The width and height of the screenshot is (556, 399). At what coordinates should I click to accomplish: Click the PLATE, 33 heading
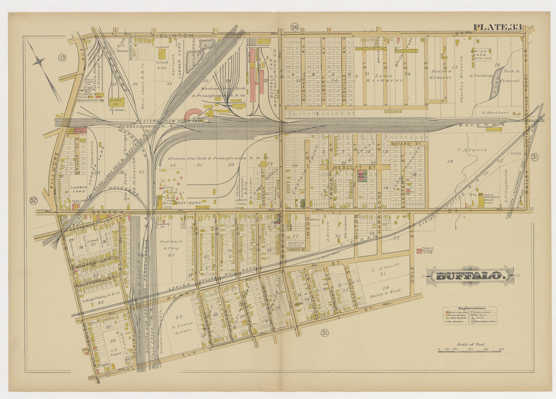[x=497, y=27]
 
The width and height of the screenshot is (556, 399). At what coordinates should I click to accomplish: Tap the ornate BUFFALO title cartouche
[x=470, y=276]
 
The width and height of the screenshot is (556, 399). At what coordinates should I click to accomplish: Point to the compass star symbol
[x=39, y=62]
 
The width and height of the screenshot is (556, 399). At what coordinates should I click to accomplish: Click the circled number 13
[x=63, y=57]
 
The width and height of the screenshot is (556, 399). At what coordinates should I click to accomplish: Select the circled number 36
[x=295, y=27]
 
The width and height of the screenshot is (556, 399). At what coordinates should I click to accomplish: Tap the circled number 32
[x=34, y=200]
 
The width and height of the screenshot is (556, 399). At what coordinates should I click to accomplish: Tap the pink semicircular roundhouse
[x=195, y=115]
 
